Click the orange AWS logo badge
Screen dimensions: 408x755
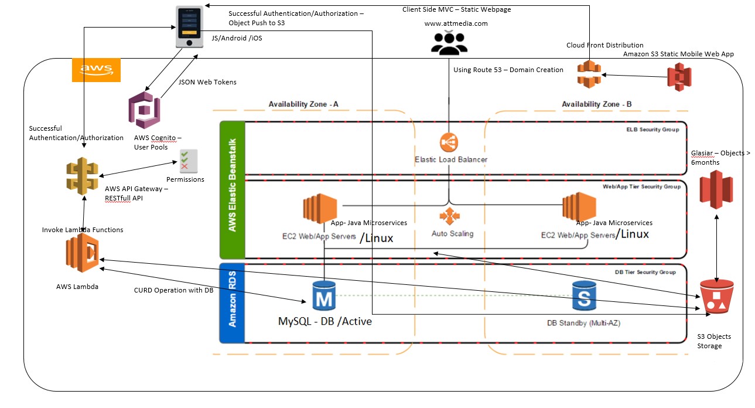point(96,70)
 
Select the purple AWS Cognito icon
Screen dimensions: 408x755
point(144,110)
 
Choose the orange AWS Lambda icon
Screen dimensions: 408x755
point(83,253)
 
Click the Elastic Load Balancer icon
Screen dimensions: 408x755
point(449,142)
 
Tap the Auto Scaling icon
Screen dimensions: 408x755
point(449,216)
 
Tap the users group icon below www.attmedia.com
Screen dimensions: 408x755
point(449,42)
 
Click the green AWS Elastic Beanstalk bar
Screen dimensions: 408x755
point(231,190)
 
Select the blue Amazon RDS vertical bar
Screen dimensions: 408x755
point(231,303)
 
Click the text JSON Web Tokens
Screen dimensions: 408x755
point(207,82)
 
